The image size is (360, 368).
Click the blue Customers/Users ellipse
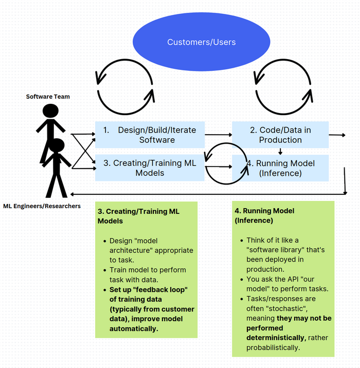pyautogui.click(x=201, y=42)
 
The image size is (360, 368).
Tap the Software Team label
pyautogui.click(x=48, y=97)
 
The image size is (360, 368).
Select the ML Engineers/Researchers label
pyautogui.click(x=42, y=206)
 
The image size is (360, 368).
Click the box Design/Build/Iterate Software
pyautogui.click(x=150, y=135)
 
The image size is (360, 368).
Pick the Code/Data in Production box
pyautogui.click(x=280, y=135)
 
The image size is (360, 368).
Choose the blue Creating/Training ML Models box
pyautogui.click(x=150, y=168)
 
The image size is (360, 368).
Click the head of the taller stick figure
pyautogui.click(x=50, y=112)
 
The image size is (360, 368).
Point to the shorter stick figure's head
pyautogui.click(x=57, y=146)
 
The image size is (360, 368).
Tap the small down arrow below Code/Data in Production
pyautogui.click(x=280, y=151)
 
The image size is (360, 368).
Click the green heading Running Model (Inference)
pyautogui.click(x=265, y=215)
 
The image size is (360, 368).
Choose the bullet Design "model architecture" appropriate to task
pyautogui.click(x=151, y=250)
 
